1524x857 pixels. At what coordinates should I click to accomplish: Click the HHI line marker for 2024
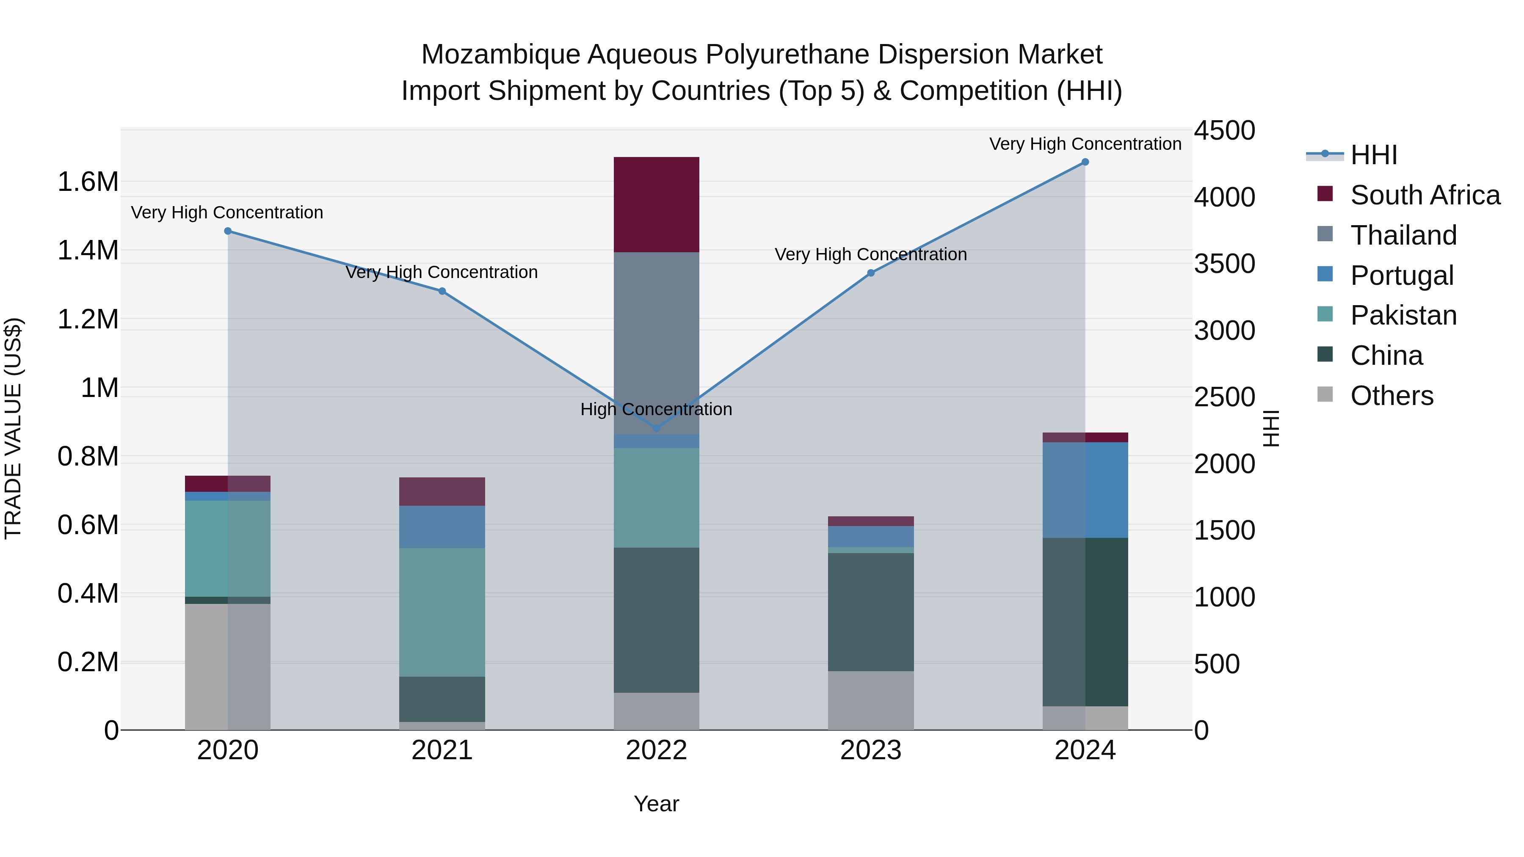pyautogui.click(x=1085, y=162)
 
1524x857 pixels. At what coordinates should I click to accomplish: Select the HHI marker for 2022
pyautogui.click(x=656, y=428)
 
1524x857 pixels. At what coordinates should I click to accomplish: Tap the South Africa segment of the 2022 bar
pyautogui.click(x=656, y=205)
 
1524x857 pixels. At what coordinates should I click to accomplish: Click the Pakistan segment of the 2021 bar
pyautogui.click(x=442, y=612)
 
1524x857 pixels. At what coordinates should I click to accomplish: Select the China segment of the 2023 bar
pyautogui.click(x=870, y=612)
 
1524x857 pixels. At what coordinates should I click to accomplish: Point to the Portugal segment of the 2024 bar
pyautogui.click(x=1085, y=490)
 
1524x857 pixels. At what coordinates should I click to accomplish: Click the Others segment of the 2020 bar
pyautogui.click(x=228, y=667)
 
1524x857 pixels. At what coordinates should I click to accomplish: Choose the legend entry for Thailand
pyautogui.click(x=1403, y=235)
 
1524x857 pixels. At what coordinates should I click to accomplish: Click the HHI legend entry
pyautogui.click(x=1373, y=155)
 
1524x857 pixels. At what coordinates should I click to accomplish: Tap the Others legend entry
pyautogui.click(x=1391, y=396)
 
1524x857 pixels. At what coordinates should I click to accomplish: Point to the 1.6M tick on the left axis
pyautogui.click(x=88, y=182)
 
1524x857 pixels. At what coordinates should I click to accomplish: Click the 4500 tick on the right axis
pyautogui.click(x=1223, y=131)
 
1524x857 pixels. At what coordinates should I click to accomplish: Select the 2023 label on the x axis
pyautogui.click(x=870, y=750)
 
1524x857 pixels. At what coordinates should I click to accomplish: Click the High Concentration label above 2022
pyautogui.click(x=656, y=409)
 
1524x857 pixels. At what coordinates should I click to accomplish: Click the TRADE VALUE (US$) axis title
pyautogui.click(x=13, y=428)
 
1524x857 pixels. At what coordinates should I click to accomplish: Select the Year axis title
pyautogui.click(x=656, y=804)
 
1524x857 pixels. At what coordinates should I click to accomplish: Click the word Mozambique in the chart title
pyautogui.click(x=500, y=55)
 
